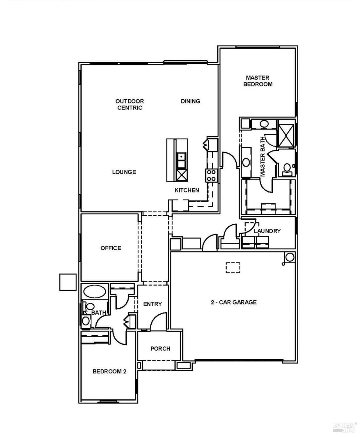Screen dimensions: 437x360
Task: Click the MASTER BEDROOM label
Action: coord(258,81)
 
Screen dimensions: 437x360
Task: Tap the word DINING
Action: coord(190,101)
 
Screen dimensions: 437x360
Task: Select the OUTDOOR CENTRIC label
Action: coord(130,105)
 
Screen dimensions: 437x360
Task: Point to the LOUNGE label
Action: coord(124,172)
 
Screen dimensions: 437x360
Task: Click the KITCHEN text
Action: coord(187,190)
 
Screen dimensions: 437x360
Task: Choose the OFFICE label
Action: coord(111,248)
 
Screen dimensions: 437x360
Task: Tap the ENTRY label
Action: coord(152,304)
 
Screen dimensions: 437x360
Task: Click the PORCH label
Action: coord(160,349)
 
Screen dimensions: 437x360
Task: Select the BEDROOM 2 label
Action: coord(109,371)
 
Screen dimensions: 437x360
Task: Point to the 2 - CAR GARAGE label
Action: coord(233,302)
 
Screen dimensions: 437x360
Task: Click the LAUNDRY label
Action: coord(267,231)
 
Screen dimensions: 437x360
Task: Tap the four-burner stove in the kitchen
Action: coord(211,176)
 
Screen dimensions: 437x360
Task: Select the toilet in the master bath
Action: coord(287,168)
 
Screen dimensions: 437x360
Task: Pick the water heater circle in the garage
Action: coord(290,257)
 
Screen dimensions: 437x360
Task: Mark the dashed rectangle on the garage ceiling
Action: coord(233,267)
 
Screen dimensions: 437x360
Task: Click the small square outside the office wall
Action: coord(68,282)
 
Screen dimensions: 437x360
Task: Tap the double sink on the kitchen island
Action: coord(181,160)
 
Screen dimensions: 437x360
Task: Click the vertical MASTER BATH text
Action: coord(263,156)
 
